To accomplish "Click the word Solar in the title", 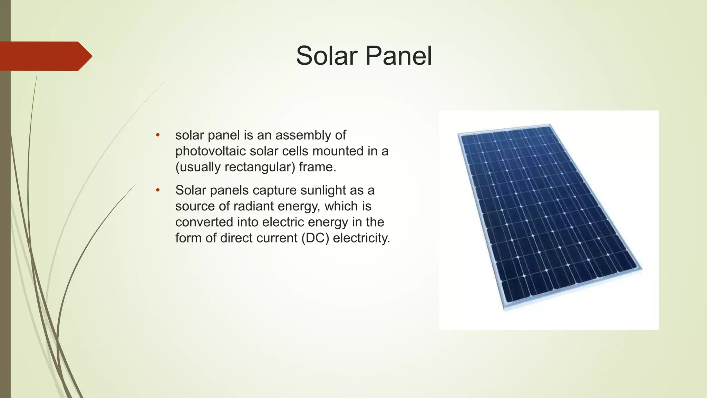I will tap(327, 56).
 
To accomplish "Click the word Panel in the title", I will tap(398, 56).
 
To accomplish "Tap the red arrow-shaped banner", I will tap(45, 56).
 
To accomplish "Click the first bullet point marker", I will tap(158, 135).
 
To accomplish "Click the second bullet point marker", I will tap(158, 190).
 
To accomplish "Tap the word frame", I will tap(317, 167).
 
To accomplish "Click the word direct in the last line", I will tap(242, 238).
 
